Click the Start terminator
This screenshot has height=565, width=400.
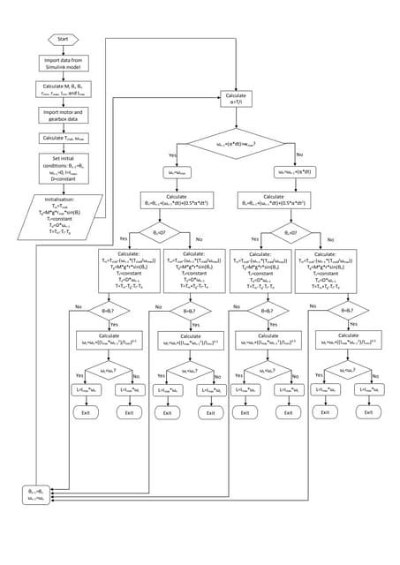point(63,40)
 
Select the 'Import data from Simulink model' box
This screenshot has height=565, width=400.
point(63,64)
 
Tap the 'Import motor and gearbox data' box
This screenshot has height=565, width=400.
point(63,116)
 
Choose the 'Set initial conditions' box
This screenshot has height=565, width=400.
point(63,165)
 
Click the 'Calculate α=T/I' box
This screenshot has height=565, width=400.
point(236,97)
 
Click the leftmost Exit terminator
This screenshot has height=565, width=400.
point(87,412)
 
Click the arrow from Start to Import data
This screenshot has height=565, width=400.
point(63,49)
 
